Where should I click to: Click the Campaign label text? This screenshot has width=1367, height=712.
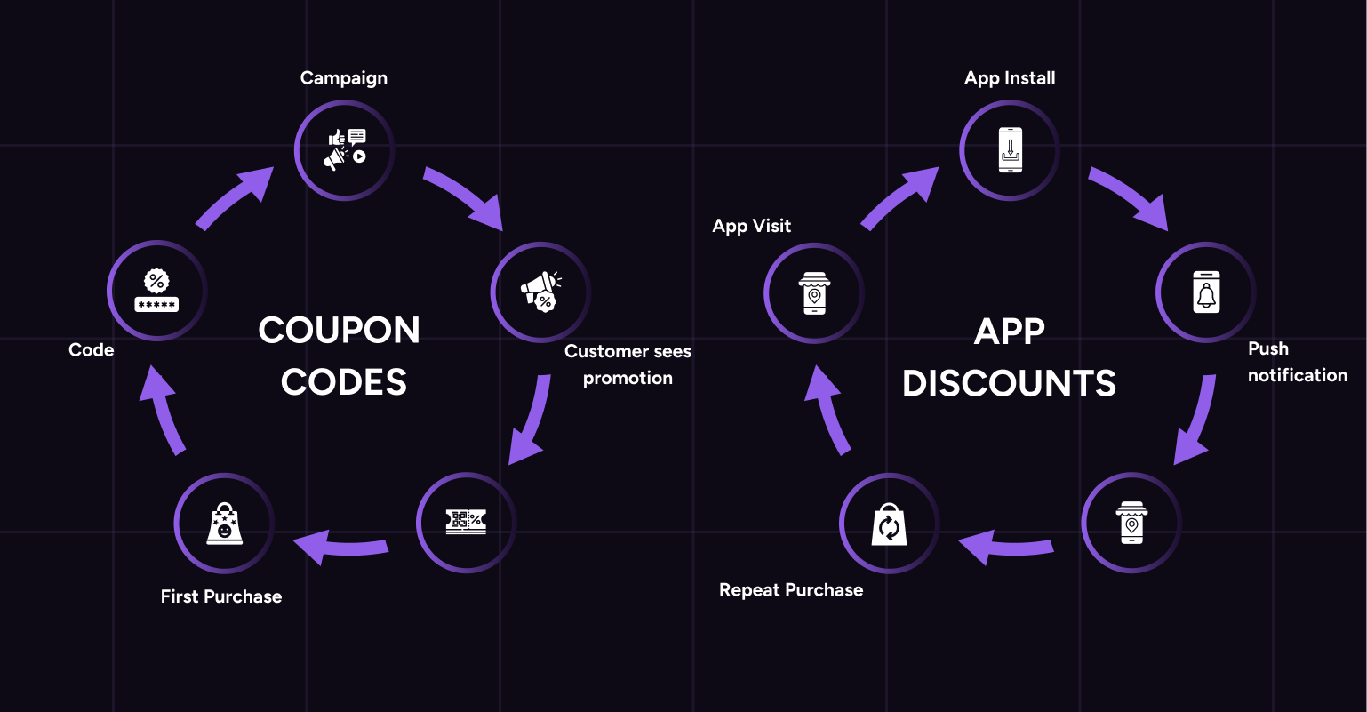pos(344,78)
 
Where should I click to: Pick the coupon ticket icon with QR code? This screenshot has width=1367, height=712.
pos(466,522)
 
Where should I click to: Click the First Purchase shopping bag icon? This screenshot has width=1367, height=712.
pos(224,523)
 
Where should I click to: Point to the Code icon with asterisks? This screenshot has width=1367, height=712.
pos(156,291)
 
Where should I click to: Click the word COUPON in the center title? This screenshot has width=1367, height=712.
pos(339,331)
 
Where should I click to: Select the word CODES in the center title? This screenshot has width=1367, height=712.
pos(344,382)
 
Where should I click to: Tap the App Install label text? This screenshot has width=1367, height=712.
pos(1010,78)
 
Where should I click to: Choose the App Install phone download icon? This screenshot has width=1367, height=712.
pos(1010,150)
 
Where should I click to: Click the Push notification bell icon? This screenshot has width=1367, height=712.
pos(1205,292)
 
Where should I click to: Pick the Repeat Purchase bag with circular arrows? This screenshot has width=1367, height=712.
pos(889,524)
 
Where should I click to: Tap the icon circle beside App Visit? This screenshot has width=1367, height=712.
pos(813,292)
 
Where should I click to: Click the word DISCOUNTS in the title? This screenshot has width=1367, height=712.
pos(1009,383)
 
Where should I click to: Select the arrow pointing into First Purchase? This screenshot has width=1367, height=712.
pos(342,546)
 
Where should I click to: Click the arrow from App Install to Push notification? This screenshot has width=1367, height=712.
pos(1127,196)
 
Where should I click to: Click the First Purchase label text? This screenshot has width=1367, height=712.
pos(221,596)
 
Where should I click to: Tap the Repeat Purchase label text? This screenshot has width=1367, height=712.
pos(791,590)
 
